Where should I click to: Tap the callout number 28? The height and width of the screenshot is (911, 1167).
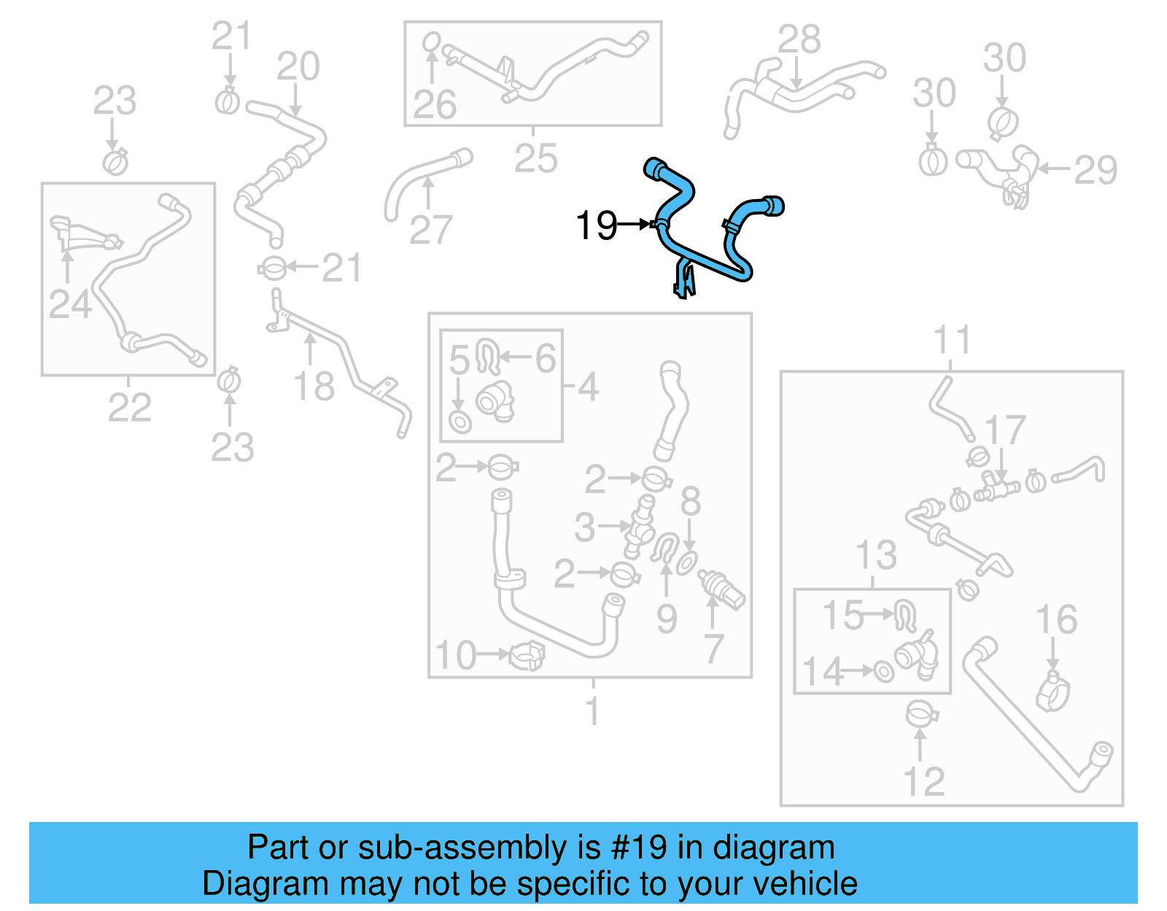(799, 39)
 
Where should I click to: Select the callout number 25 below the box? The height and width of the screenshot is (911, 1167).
(535, 158)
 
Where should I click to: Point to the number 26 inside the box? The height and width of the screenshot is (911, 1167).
(435, 104)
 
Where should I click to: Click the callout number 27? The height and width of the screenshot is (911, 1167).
(431, 230)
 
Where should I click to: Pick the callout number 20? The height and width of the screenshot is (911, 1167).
(298, 66)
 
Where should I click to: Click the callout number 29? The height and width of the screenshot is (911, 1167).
(1096, 170)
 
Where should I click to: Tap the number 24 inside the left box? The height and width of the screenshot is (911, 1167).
(70, 303)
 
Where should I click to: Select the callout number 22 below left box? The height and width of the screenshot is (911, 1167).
(129, 407)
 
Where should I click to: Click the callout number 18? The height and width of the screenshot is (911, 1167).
(314, 386)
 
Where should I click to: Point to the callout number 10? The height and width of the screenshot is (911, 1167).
(456, 655)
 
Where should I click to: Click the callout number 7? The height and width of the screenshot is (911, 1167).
(713, 648)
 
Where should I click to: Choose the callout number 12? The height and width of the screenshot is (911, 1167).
(923, 782)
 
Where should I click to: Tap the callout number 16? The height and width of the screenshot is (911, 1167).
(1056, 619)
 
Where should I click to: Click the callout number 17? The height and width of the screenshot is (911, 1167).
(1005, 430)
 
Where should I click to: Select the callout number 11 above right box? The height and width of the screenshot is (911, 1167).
(952, 340)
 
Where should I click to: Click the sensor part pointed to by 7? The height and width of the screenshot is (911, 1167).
(722, 589)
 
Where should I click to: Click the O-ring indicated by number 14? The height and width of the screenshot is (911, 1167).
(884, 671)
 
